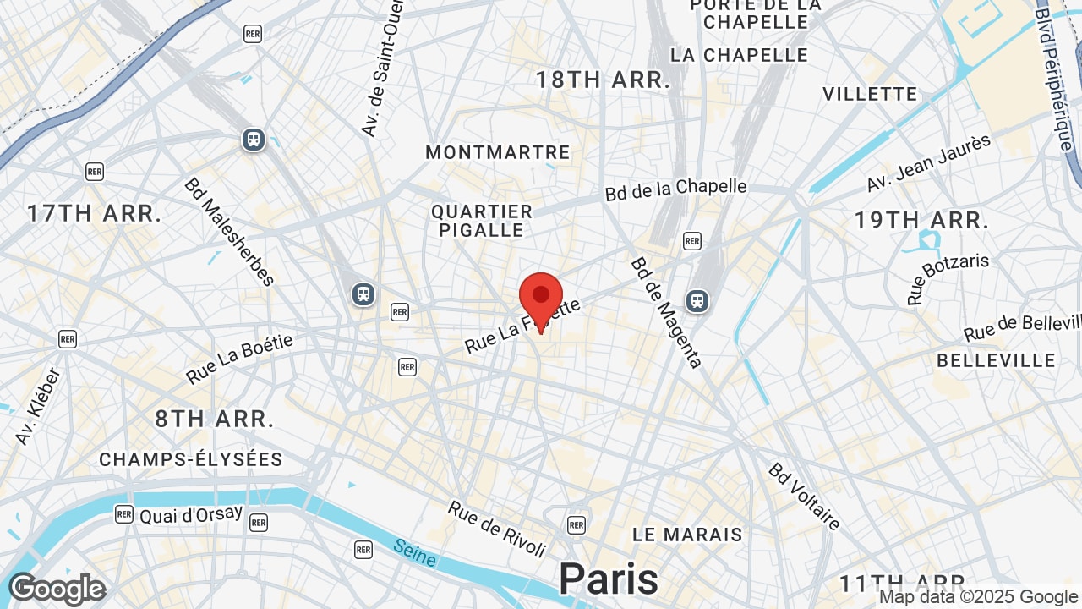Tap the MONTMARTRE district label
click(498, 153)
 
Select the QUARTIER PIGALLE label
click(482, 220)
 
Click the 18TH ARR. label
click(604, 80)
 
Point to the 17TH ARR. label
click(94, 213)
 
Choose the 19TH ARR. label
click(921, 221)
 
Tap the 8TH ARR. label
click(215, 419)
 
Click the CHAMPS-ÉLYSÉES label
click(191, 459)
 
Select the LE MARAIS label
click(687, 535)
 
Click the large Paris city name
click(609, 579)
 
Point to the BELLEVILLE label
click(996, 360)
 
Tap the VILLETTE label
click(870, 94)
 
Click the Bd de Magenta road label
click(667, 313)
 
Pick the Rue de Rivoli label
click(497, 529)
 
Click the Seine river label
click(414, 553)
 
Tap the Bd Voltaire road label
click(805, 497)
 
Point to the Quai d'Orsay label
click(191, 514)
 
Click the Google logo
click(57, 589)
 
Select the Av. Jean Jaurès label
click(928, 163)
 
